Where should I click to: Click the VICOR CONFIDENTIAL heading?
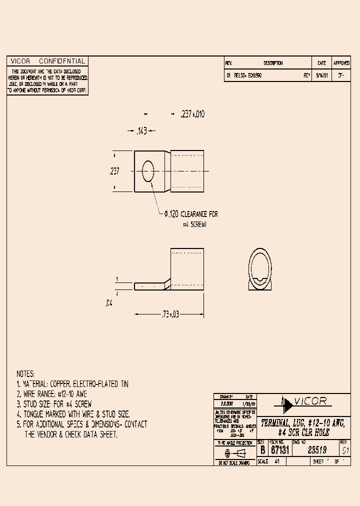(x=47, y=61)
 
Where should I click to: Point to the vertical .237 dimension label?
(x=114, y=171)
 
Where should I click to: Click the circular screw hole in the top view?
(x=148, y=171)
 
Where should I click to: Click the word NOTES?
(x=25, y=374)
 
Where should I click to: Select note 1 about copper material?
(x=72, y=384)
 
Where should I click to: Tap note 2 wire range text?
(x=52, y=394)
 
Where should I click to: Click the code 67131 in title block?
(x=278, y=449)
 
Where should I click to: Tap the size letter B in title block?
(x=262, y=449)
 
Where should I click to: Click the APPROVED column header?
(x=341, y=63)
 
